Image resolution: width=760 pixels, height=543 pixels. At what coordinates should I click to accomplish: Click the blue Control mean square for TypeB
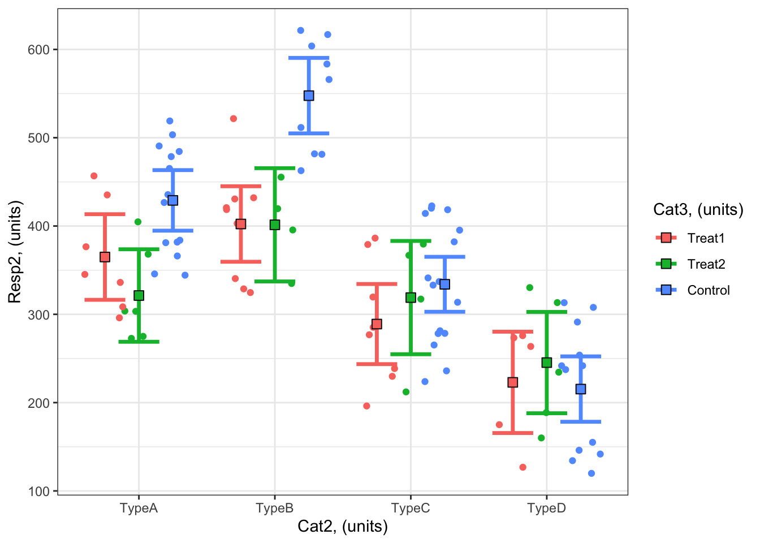pos(309,96)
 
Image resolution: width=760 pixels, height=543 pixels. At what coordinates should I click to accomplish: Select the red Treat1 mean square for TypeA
pos(105,257)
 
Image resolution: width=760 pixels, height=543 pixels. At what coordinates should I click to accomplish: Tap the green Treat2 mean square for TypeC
pos(411,298)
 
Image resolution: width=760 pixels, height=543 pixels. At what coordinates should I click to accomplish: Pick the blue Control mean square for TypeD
pos(580,389)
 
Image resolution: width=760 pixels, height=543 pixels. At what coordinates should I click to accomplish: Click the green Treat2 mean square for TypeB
pos(275,225)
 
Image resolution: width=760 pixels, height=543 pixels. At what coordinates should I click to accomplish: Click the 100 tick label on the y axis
pos(39,491)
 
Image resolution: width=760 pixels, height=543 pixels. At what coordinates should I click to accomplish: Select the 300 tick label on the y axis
pos(39,314)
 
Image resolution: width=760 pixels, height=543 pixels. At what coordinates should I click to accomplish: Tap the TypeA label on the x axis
pos(139,508)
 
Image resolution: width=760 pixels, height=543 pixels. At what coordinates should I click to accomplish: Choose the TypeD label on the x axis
pos(546,508)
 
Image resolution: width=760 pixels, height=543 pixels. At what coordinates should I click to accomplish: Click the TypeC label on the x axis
pos(411,508)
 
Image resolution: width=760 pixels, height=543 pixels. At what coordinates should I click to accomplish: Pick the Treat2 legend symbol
pos(666,264)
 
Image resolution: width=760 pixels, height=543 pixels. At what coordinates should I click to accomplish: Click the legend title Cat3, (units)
pos(698,210)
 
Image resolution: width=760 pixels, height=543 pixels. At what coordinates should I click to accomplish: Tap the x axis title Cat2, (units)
pos(343,527)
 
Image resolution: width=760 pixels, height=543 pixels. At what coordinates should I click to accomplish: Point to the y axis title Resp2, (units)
pos(15,252)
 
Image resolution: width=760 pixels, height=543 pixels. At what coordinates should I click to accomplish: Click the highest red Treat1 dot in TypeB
pos(233,119)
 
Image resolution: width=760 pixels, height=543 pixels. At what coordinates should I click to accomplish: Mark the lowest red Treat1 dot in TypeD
pos(522,467)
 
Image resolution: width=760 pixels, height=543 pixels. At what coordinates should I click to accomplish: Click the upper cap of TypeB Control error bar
pos(309,58)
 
